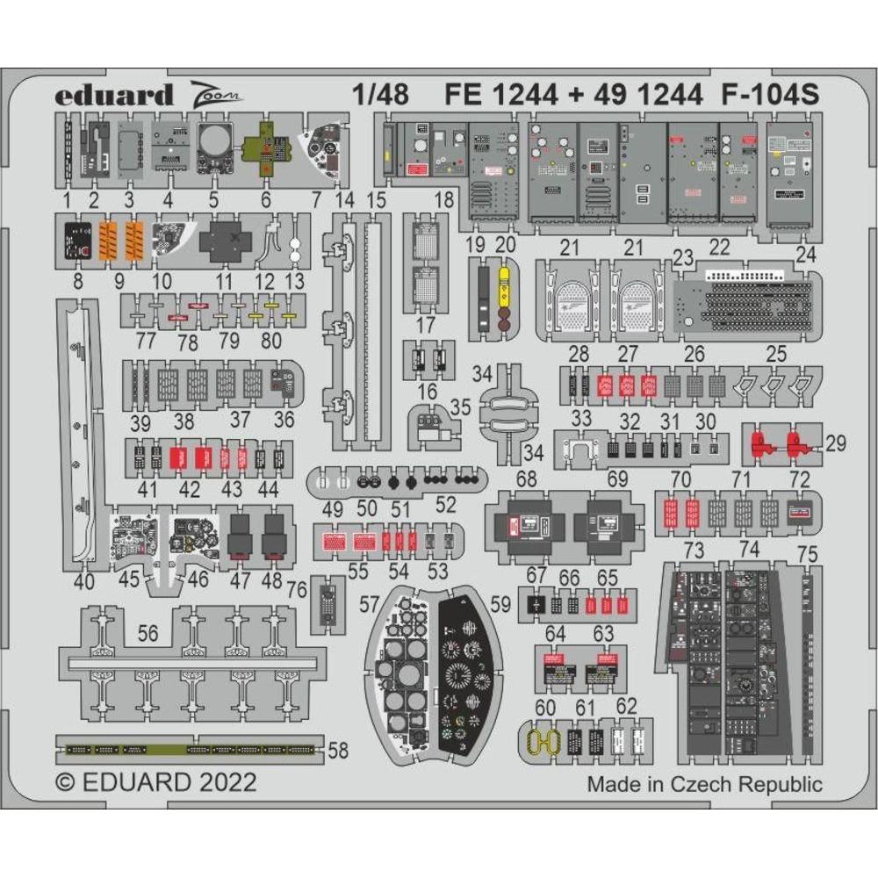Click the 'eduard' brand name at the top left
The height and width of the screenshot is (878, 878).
102,95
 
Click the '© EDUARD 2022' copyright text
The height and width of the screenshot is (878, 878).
155,782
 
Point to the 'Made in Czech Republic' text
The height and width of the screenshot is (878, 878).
705,784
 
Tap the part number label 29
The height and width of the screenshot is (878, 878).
836,443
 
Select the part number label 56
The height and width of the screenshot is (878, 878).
148,633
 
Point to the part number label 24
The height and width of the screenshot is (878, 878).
804,255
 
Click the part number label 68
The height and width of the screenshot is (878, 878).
526,479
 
